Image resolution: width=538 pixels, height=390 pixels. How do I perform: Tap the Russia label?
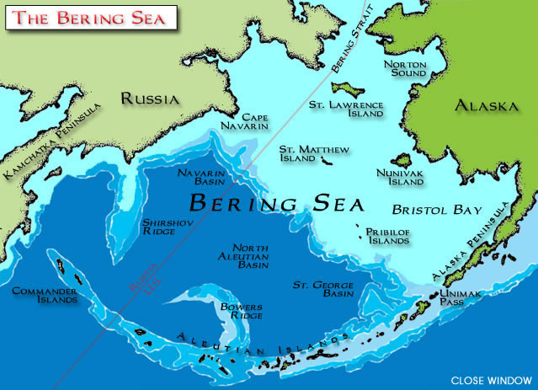(x=150, y=99)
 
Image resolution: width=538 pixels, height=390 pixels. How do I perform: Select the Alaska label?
(x=485, y=107)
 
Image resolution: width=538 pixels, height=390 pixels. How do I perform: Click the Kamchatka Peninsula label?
(x=52, y=142)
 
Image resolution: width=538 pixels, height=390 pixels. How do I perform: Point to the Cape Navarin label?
(x=254, y=121)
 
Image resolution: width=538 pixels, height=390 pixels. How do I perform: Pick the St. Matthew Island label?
(x=313, y=154)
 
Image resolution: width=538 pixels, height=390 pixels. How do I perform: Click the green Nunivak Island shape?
(x=401, y=160)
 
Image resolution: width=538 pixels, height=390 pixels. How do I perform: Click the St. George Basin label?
(x=321, y=290)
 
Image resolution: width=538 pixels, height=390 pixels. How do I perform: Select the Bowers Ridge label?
(x=240, y=311)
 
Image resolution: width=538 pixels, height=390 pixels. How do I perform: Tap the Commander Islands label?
(x=45, y=296)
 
